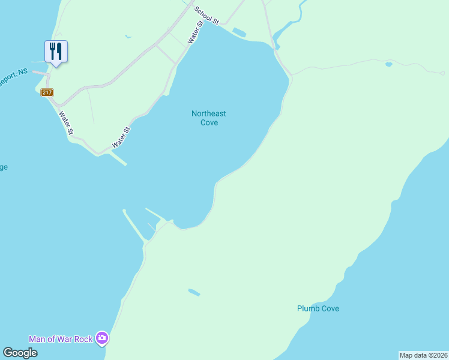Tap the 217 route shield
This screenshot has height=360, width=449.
tap(47, 92)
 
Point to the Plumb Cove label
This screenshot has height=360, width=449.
tap(318, 308)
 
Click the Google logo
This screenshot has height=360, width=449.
tap(20, 352)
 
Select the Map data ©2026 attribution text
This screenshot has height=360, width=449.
tap(423, 355)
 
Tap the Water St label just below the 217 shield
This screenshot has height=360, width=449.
tap(65, 122)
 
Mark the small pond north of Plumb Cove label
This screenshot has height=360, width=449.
tap(194, 293)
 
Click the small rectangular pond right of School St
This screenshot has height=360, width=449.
tap(238, 32)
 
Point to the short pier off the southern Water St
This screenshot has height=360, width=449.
tap(119, 158)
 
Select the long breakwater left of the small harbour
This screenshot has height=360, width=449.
tap(133, 225)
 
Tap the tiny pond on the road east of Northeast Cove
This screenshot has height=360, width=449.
tap(389, 64)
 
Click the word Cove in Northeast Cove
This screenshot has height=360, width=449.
tap(209, 122)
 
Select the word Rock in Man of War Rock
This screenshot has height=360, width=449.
tap(84, 339)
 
